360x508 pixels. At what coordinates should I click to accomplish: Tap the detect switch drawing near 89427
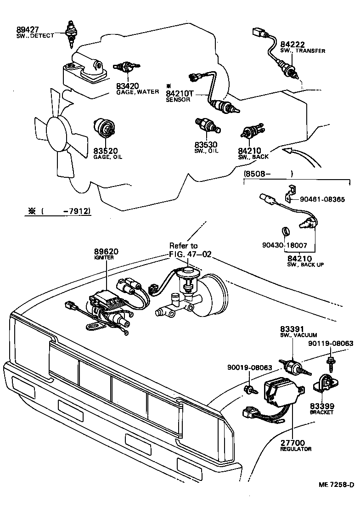pos(71,34)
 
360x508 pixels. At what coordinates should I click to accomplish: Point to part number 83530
pos(206,145)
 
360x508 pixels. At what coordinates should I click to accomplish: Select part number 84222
pos(292,45)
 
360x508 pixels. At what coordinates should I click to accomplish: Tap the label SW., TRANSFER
pos(303,51)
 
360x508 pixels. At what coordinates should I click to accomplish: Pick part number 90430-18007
pos(285,246)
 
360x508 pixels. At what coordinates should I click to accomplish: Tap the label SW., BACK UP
pos(305,265)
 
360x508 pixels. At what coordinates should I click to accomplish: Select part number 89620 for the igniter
pos(106,252)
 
